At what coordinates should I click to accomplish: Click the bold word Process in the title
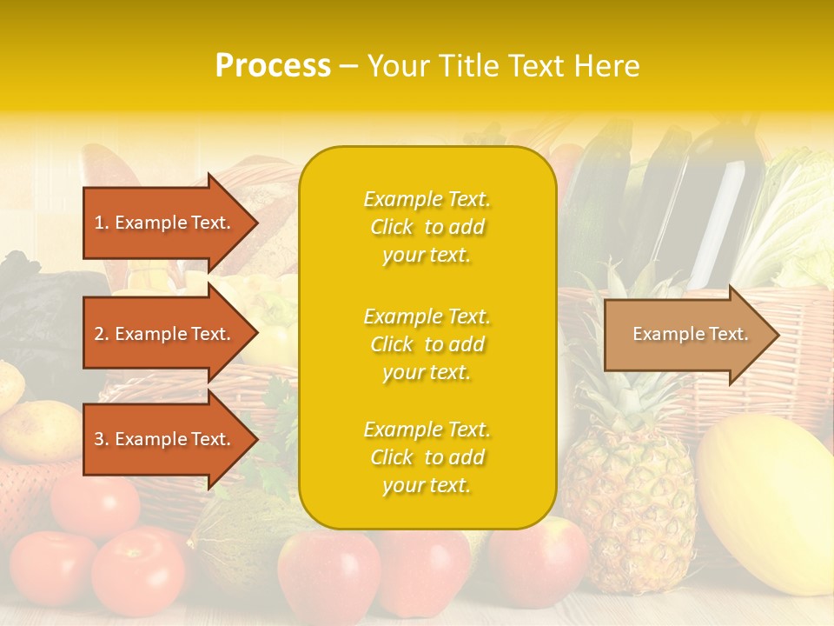(x=273, y=65)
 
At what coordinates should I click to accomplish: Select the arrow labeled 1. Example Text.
(x=165, y=223)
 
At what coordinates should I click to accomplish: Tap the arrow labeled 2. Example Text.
(x=165, y=334)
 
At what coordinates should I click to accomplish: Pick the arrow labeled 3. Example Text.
(x=165, y=439)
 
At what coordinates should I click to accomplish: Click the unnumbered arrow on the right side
(x=686, y=334)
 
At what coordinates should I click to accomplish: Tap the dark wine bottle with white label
(x=725, y=209)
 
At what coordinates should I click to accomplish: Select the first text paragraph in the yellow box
(x=427, y=227)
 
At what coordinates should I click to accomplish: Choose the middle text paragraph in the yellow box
(x=427, y=344)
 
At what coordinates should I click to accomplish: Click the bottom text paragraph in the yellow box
(x=427, y=457)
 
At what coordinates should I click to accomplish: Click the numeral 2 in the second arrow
(x=99, y=334)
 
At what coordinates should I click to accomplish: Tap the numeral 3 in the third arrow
(x=99, y=439)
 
